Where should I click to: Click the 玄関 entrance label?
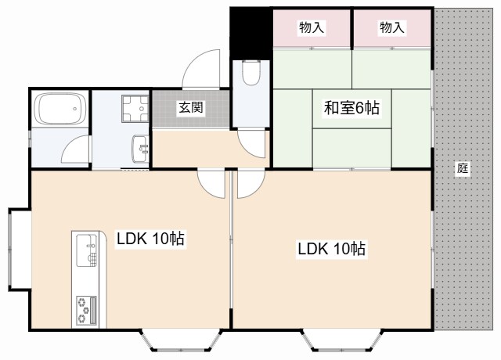pyautogui.click(x=191, y=108)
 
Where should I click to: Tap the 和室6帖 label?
pyautogui.click(x=351, y=108)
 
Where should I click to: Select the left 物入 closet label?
pyautogui.click(x=312, y=27)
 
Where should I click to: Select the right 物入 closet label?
pyautogui.click(x=391, y=27)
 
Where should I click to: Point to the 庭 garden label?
pyautogui.click(x=463, y=168)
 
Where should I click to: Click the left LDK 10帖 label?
pyautogui.click(x=150, y=239)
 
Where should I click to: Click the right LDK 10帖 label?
pyautogui.click(x=331, y=249)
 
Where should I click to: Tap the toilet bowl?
pyautogui.click(x=251, y=73)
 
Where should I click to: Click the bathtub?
pyautogui.click(x=60, y=109)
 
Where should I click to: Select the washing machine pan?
pyautogui.click(x=135, y=109)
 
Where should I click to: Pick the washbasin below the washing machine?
pyautogui.click(x=140, y=149)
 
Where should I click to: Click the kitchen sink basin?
pyautogui.click(x=87, y=250)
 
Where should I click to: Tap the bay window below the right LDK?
pyautogui.click(x=343, y=340)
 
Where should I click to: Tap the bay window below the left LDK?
pyautogui.click(x=181, y=340)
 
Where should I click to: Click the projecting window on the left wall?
pyautogui.click(x=20, y=250)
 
